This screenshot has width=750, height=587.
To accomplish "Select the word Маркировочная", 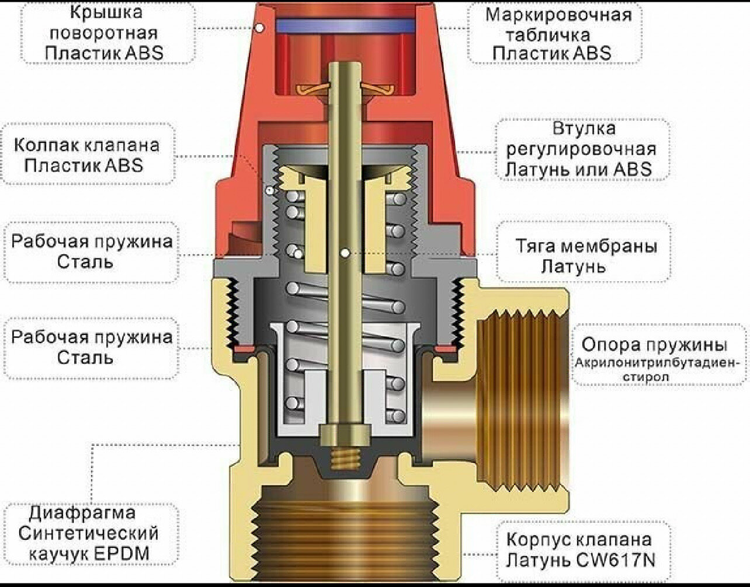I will point(558,15).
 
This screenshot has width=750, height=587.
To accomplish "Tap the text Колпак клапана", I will point(86,145).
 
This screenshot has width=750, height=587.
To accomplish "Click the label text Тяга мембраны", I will point(586,246).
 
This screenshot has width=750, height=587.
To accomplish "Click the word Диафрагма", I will point(82,513).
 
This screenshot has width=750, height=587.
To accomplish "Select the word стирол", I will point(646,376).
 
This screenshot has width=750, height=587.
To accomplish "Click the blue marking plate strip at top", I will point(345,25).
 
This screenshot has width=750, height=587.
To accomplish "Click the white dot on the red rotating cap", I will point(260,27).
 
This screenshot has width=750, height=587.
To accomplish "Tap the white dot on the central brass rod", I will point(345,253).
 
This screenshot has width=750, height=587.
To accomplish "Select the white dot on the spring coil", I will point(298,253).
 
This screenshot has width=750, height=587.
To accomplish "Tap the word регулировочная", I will point(581,149).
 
